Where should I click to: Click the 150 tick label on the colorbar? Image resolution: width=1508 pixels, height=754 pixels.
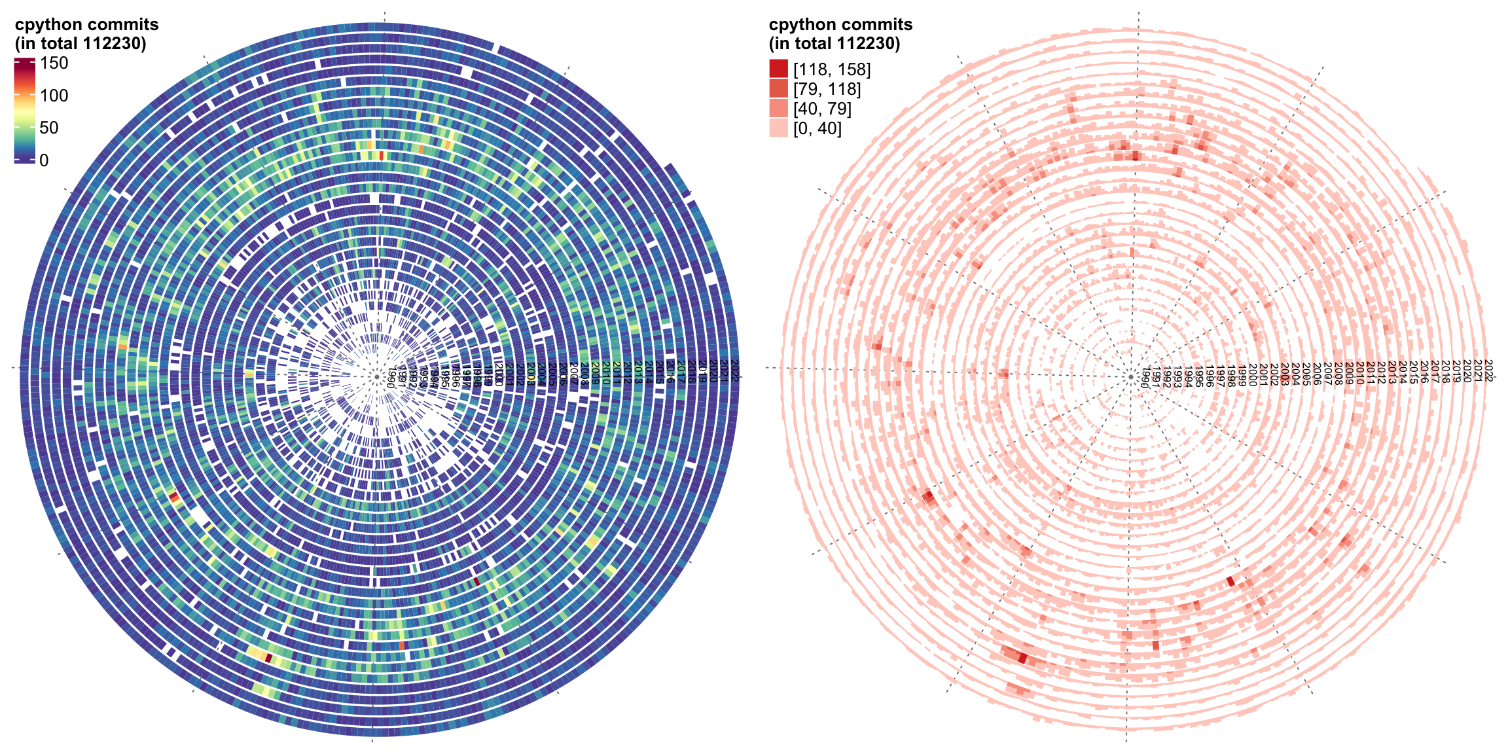[x=54, y=63]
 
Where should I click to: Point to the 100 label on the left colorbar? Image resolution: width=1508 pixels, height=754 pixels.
[x=54, y=96]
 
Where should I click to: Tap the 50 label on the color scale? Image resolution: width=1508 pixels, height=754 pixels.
[x=49, y=128]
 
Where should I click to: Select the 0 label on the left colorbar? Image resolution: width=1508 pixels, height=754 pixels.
[x=44, y=160]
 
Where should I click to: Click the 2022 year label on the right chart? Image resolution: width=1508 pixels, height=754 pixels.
[x=1488, y=370]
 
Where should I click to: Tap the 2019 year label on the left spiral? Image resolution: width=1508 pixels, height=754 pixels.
[x=702, y=370]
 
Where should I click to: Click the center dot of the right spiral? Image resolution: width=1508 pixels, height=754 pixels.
[x=1130, y=377]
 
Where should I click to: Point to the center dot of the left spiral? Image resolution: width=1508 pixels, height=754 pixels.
[x=377, y=377]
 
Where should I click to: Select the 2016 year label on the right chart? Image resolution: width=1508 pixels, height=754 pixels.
[x=1424, y=371]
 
